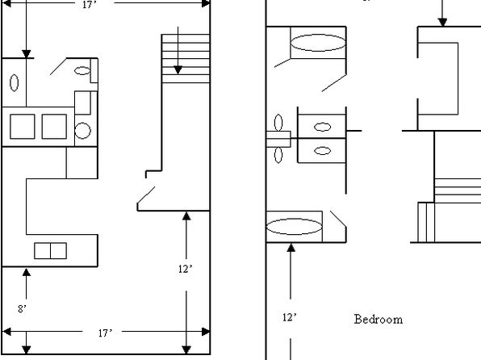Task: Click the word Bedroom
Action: (379, 320)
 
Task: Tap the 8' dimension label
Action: (22, 309)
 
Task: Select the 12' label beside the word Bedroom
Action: (290, 317)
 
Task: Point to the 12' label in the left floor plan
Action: (186, 269)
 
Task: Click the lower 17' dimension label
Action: (105, 333)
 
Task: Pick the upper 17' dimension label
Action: (90, 5)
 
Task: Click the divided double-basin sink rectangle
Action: (50, 251)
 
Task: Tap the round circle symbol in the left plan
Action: (82, 131)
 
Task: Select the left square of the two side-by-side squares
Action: (23, 127)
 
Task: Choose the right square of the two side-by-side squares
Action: (54, 127)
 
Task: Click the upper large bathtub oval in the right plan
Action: (318, 43)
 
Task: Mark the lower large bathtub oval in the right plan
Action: (294, 227)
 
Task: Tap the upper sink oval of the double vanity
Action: (322, 127)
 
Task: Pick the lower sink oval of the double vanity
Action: (322, 151)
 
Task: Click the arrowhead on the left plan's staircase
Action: (178, 70)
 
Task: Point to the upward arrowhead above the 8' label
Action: (27, 272)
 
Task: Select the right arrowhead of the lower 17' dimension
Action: (206, 332)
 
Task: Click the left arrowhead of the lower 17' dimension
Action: (6, 332)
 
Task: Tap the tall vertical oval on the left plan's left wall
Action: (14, 83)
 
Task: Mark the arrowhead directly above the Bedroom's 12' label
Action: (291, 247)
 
